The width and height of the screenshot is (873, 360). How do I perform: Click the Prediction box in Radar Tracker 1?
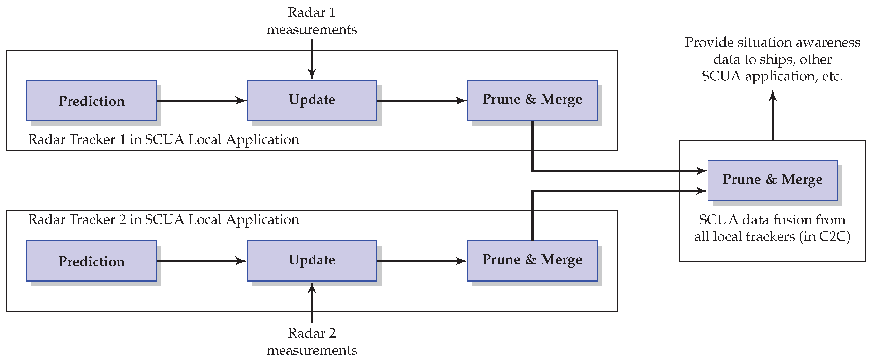(92, 101)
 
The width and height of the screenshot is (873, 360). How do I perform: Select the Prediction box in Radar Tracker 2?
(92, 261)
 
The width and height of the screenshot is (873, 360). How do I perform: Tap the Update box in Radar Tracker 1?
(312, 101)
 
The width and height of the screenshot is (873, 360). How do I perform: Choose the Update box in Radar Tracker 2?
(312, 261)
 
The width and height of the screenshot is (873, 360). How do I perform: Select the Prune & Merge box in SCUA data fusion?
(772, 180)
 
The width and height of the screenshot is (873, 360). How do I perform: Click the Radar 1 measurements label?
(312, 21)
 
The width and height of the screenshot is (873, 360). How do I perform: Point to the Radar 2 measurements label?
(312, 342)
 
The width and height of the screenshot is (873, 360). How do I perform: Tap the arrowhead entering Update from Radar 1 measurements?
(312, 75)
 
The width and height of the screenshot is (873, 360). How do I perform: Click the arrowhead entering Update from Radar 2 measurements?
(312, 288)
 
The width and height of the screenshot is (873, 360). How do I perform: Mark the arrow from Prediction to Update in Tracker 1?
(202, 101)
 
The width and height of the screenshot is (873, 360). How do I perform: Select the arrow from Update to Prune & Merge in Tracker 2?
(422, 261)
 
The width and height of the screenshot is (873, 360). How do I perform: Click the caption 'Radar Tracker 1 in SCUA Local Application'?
(163, 140)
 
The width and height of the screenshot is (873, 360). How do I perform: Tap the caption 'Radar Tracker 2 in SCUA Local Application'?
(163, 220)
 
